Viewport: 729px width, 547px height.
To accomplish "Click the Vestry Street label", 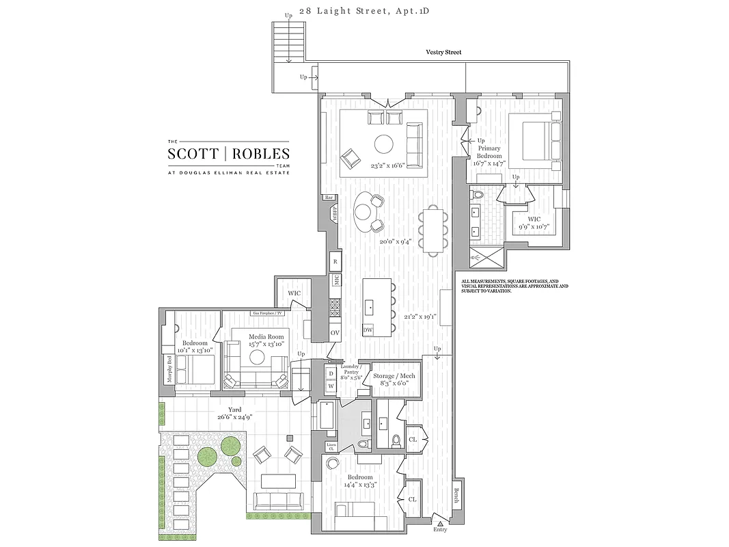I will pyautogui.click(x=443, y=52).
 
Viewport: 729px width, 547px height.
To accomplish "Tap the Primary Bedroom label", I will pyautogui.click(x=489, y=152).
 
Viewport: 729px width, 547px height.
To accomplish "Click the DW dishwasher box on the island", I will pyautogui.click(x=368, y=330).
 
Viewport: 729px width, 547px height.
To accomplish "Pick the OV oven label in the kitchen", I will pyautogui.click(x=335, y=333).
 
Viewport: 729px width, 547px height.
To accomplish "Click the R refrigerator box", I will pyautogui.click(x=335, y=261).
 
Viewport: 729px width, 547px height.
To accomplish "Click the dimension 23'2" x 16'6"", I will pyautogui.click(x=388, y=165).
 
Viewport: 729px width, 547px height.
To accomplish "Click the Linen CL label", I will pyautogui.click(x=331, y=446).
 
